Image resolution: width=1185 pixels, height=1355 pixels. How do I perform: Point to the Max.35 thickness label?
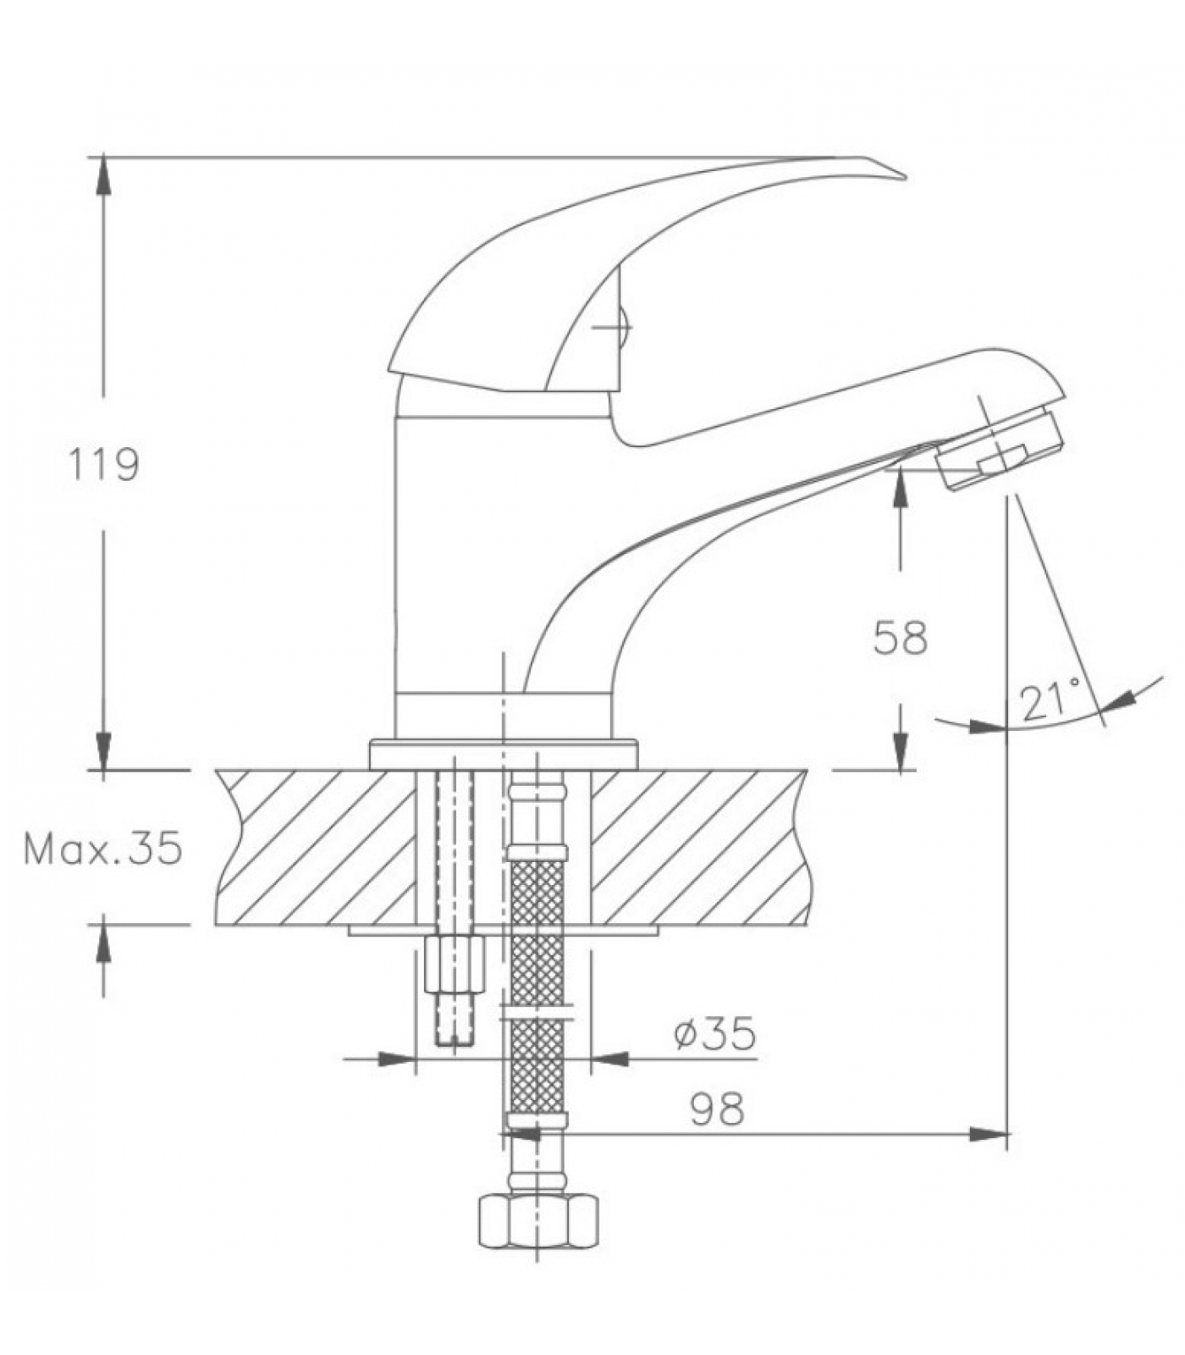point(102,848)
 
